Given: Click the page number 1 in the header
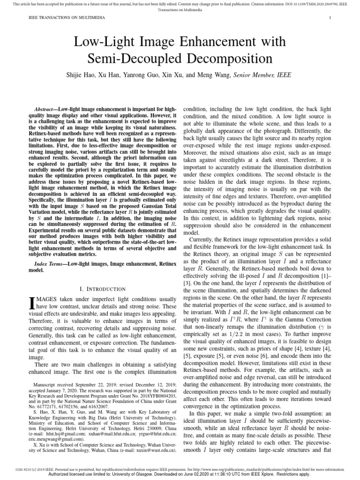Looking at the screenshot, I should [x=331, y=18].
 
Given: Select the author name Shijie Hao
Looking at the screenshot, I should [x=90, y=75].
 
